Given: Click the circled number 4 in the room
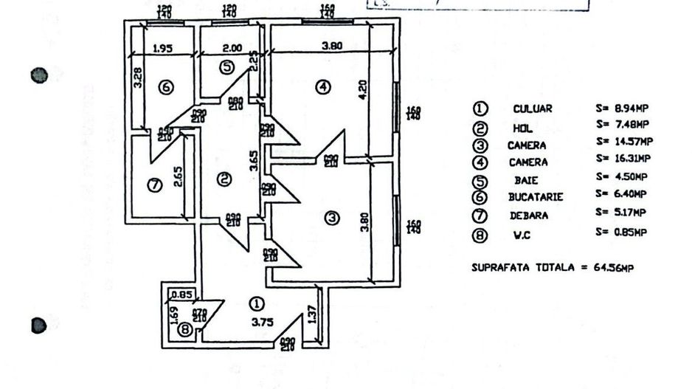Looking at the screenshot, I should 323,87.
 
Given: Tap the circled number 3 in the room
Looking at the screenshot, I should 333,218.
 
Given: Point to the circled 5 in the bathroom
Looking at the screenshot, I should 227,67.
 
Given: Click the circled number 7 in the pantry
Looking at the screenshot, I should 154,185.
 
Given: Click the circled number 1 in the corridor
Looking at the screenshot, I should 257,303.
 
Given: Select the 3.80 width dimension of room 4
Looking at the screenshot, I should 332,46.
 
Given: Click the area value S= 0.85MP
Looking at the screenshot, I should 621,233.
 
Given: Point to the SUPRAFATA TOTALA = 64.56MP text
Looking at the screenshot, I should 552,267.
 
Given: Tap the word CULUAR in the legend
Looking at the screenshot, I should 532,109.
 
